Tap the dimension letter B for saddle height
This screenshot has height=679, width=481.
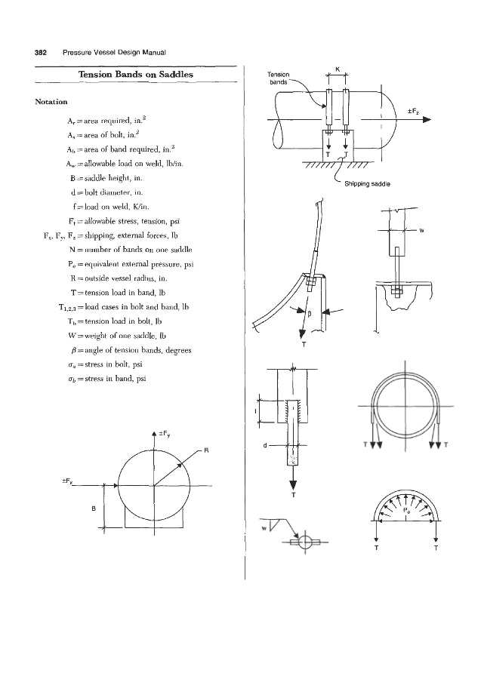94,508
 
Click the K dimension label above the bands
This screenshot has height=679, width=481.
337,71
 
